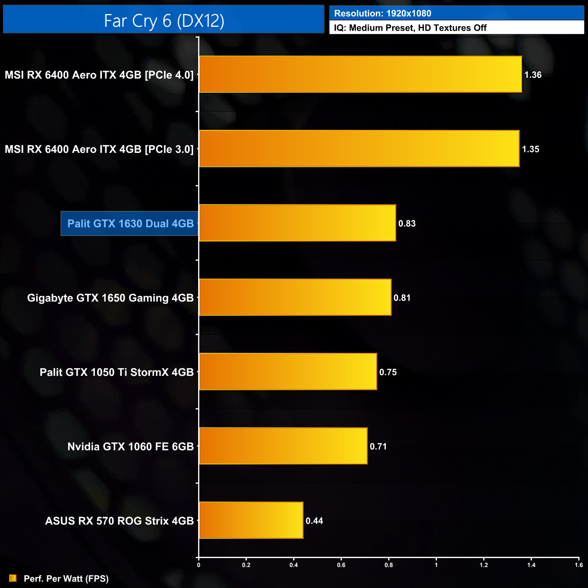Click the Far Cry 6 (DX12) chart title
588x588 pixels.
[164, 20]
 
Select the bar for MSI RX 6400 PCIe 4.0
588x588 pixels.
[360, 75]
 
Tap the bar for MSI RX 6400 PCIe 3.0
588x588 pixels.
[359, 149]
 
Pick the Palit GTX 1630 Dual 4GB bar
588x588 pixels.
[297, 223]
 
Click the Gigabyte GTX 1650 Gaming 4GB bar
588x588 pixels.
[295, 297]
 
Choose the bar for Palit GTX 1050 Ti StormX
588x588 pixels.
[288, 372]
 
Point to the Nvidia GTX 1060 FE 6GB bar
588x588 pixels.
[283, 446]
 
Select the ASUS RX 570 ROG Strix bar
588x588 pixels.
[251, 520]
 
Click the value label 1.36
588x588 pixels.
[533, 75]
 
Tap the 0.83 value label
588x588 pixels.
[407, 223]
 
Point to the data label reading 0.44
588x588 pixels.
[314, 521]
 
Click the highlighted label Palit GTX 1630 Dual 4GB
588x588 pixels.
[130, 223]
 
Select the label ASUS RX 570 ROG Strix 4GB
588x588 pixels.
[119, 521]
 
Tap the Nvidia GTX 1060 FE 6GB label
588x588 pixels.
[130, 446]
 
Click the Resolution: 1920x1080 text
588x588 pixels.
[383, 14]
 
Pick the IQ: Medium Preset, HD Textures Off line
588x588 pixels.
[410, 28]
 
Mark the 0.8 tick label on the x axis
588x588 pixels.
[389, 565]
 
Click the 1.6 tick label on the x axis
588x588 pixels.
[579, 565]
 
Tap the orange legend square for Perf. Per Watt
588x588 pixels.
[13, 578]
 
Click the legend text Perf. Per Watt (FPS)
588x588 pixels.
[66, 579]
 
